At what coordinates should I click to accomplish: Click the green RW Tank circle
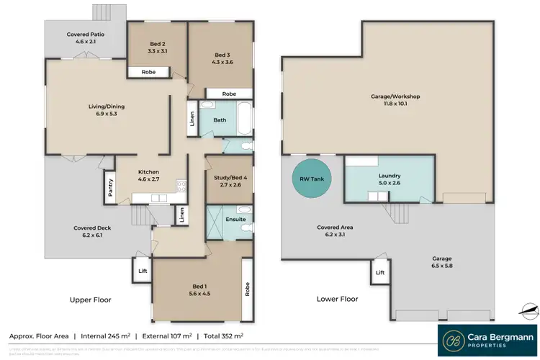pos(307,181)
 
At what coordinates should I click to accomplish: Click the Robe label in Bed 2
pos(150,72)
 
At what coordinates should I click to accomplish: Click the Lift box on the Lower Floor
pos(379,273)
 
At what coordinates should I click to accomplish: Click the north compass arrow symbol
pos(529,311)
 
